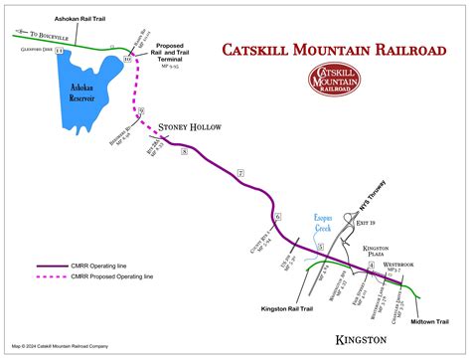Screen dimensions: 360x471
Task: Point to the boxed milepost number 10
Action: [126, 60]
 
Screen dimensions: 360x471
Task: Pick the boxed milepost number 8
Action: [185, 151]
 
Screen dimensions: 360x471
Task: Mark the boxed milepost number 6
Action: [278, 217]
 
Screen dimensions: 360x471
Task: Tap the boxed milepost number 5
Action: [320, 245]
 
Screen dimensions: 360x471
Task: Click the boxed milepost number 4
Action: [372, 266]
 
